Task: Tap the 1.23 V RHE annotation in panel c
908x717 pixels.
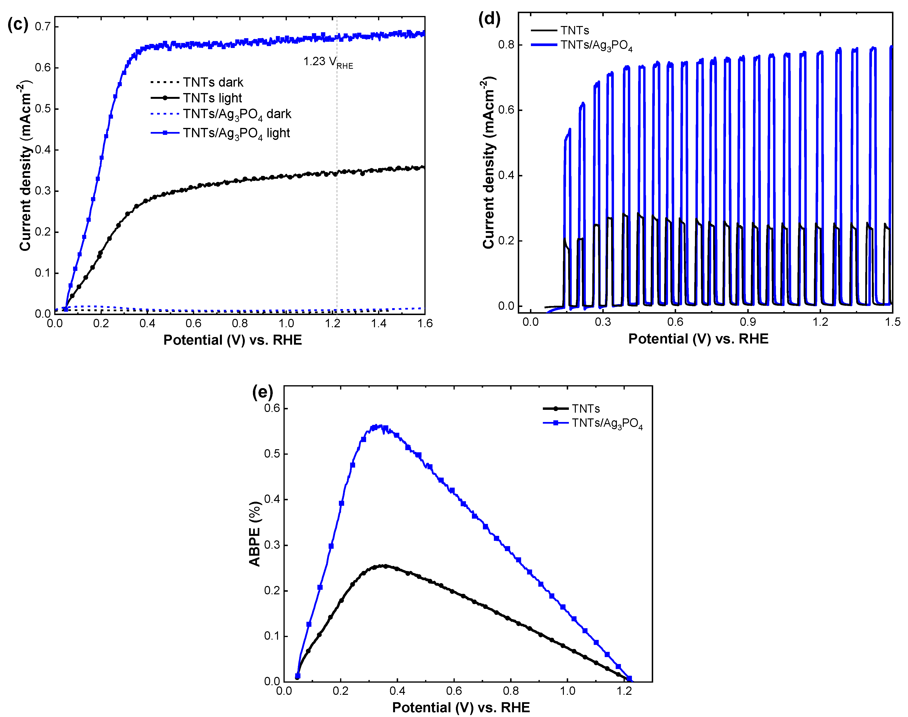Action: click(x=328, y=62)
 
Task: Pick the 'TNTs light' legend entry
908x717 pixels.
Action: click(x=212, y=98)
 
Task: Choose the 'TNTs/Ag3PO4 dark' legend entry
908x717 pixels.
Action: click(x=236, y=114)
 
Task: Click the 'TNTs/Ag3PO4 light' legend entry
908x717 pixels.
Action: click(x=236, y=133)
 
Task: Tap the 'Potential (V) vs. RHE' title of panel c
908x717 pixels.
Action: click(x=232, y=340)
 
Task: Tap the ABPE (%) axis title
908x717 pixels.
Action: click(x=255, y=534)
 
